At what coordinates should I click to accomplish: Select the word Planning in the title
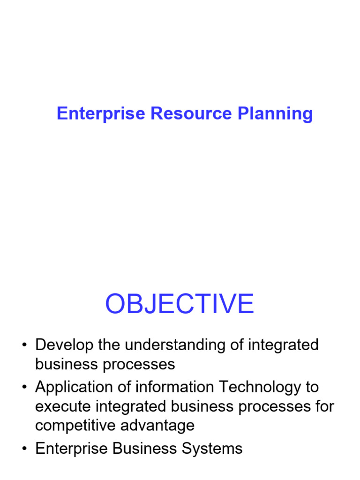pyautogui.click(x=275, y=114)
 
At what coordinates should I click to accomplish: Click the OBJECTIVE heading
pyautogui.click(x=180, y=304)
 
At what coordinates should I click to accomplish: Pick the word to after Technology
pyautogui.click(x=311, y=388)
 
